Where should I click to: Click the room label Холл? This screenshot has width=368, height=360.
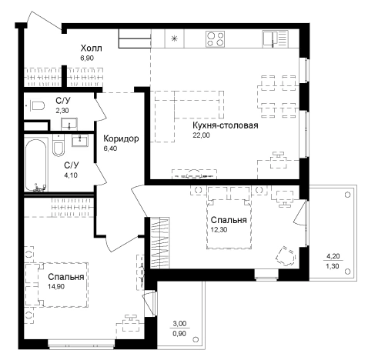coord(91,48)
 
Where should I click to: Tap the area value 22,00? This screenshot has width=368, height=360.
coord(201,135)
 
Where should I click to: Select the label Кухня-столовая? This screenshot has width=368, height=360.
coord(226,125)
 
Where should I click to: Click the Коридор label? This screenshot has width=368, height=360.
coord(121,138)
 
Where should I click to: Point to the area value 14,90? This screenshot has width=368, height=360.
coord(56,286)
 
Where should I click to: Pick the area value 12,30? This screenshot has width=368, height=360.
coord(219,229)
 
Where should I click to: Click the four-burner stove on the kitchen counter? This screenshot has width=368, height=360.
coord(215,39)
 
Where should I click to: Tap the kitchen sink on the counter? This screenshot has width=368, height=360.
coord(275,39)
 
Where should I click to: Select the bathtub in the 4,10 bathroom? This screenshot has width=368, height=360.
coord(35,165)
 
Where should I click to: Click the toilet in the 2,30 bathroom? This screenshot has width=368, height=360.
coord(38,105)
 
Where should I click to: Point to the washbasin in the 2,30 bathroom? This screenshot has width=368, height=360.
coord(69,124)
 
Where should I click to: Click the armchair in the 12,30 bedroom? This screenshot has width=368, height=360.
coord(286,256)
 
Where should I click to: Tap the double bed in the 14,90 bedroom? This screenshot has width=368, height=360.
coord(57,285)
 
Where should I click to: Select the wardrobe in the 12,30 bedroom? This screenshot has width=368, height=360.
coord(159,243)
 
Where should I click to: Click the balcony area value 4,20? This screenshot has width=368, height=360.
coord(333,256)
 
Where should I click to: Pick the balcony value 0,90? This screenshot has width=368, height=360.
coord(179,334)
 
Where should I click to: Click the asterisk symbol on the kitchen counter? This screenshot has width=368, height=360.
coord(174,39)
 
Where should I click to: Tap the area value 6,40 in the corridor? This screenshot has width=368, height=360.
coord(110,148)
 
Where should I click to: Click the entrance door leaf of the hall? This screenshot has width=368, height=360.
coord(46,22)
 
